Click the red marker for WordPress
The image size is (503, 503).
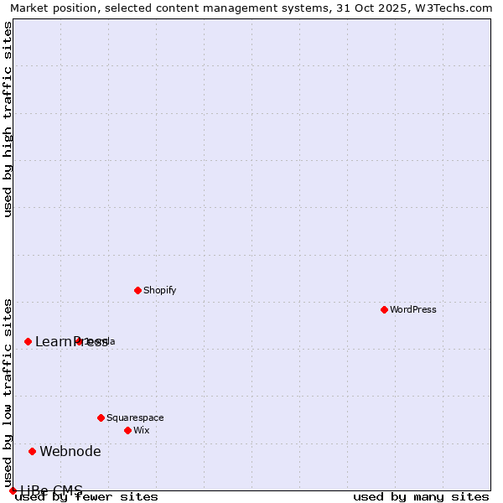click(x=384, y=309)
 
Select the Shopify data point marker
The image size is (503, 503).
click(x=137, y=290)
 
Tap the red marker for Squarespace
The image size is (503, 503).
click(x=101, y=417)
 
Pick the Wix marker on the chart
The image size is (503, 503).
click(x=127, y=430)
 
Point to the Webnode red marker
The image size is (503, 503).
click(x=33, y=451)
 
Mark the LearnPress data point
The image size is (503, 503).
click(x=28, y=341)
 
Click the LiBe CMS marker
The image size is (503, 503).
click(x=13, y=490)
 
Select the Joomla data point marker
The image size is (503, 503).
click(x=79, y=341)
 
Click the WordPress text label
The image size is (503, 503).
click(x=413, y=309)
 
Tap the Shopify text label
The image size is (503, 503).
click(x=159, y=290)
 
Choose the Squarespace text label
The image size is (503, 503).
click(x=135, y=417)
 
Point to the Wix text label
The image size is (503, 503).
click(x=141, y=430)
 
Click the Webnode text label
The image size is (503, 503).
click(x=70, y=451)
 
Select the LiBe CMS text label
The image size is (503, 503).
click(x=52, y=490)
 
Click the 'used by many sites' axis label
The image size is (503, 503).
click(x=421, y=497)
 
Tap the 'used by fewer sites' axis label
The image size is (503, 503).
click(x=87, y=497)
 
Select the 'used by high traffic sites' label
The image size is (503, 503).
click(x=8, y=119)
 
